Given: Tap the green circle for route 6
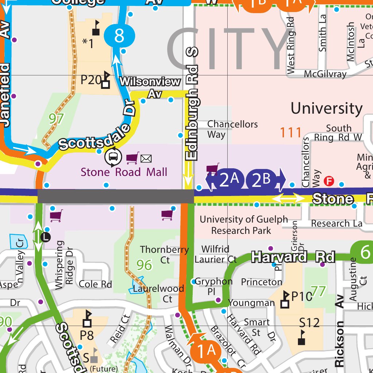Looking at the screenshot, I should point(365,252).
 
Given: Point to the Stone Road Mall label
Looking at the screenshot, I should point(124,172).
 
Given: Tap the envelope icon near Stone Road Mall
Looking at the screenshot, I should point(146,158).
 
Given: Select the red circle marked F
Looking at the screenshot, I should point(329,181).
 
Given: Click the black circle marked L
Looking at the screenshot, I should point(46,237).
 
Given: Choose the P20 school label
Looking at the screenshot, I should point(91,79).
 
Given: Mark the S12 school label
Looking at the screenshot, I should point(309,323).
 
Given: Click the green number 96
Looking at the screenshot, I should point(144,265).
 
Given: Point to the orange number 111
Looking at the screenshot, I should point(291,133).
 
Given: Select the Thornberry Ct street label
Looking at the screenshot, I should point(165,255).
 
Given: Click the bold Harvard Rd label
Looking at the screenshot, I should point(293,257).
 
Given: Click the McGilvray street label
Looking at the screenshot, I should point(325,74).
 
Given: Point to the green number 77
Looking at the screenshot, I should point(318,291).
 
